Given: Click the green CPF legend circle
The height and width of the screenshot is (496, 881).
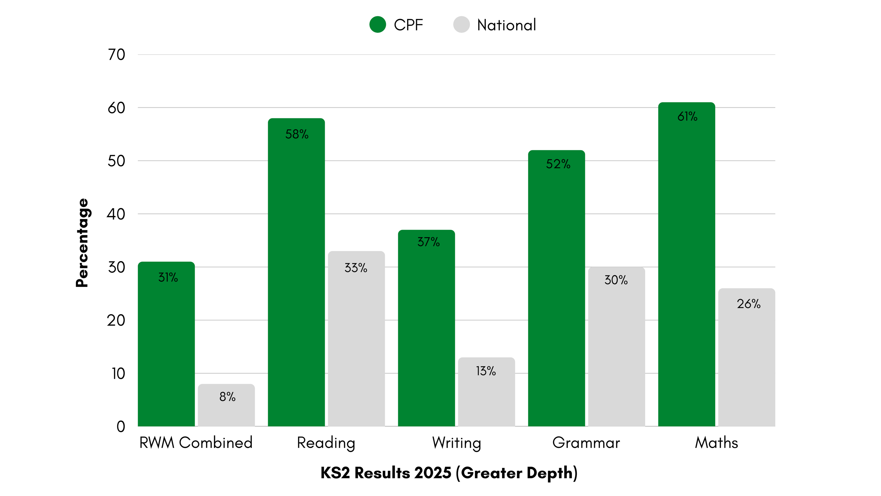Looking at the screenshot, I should pos(378,25).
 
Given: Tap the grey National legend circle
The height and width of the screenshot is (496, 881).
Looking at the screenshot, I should pos(461,25).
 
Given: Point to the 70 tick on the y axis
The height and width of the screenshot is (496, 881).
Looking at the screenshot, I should pos(116,55).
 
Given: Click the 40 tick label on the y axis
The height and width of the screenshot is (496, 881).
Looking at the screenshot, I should pos(116,214).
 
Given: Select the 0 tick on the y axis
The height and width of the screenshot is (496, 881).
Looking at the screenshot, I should pos(120,427).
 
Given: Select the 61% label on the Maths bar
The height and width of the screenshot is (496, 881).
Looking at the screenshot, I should pos(687,117).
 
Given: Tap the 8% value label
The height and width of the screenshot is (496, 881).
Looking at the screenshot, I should pos(227,397).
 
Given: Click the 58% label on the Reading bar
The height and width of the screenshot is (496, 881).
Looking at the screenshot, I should pos(297,134).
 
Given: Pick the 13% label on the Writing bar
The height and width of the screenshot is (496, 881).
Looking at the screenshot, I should pos(486,371).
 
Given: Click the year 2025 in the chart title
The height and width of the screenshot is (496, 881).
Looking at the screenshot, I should pos(433,473).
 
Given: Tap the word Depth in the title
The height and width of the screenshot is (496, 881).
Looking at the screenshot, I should pos(549,473).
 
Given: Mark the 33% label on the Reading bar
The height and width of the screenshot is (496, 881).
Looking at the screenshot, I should pos(356,268).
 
